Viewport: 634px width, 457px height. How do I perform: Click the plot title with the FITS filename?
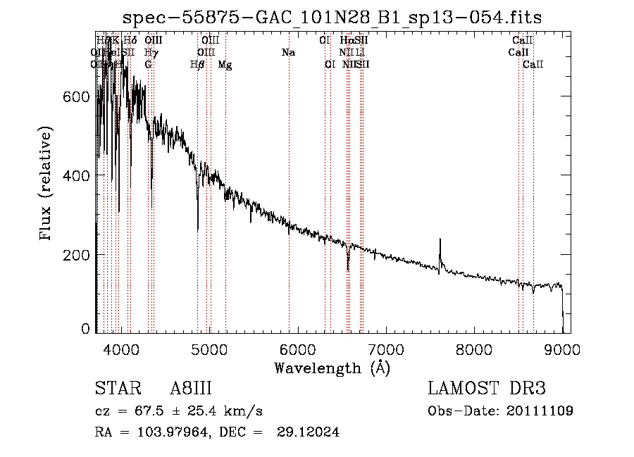[332, 18]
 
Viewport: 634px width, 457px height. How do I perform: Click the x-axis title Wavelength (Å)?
[332, 367]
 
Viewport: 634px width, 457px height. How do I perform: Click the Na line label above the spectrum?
[287, 53]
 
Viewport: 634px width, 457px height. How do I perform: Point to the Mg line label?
[225, 65]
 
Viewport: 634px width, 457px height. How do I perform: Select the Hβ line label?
[197, 65]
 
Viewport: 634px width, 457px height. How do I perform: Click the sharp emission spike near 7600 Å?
[440, 242]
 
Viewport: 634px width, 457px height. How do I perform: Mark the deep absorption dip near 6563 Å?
[348, 268]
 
